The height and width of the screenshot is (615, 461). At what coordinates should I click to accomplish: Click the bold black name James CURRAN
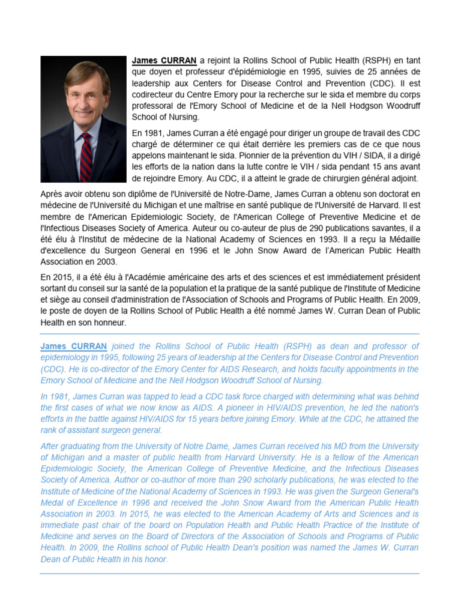point(164,61)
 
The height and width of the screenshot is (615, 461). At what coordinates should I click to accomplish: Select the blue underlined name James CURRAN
point(74,347)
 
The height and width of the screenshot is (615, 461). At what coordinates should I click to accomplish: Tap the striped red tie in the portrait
point(86,158)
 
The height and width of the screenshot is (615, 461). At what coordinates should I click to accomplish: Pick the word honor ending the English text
point(156,559)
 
